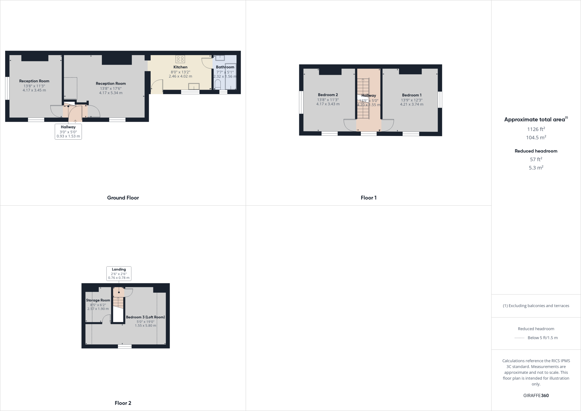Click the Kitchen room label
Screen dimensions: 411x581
click(x=180, y=67)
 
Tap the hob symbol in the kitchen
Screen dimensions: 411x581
click(x=180, y=59)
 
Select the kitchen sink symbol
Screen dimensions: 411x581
click(x=194, y=86)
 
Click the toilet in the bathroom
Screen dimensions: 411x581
click(x=218, y=84)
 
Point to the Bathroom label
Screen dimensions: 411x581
click(x=225, y=67)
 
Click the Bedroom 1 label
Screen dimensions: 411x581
click(x=412, y=95)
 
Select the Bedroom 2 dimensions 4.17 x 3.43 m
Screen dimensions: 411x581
click(x=328, y=104)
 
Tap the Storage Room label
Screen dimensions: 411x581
click(x=98, y=300)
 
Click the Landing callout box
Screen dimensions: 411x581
click(x=119, y=274)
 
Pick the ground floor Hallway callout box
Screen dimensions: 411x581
click(x=68, y=132)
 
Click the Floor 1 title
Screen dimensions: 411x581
click(x=369, y=198)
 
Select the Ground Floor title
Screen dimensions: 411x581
click(x=123, y=198)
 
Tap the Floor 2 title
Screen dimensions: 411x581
click(x=123, y=403)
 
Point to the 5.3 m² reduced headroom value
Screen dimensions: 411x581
click(x=536, y=168)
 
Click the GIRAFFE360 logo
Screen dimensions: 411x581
click(x=536, y=395)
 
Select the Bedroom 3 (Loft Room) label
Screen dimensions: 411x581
click(x=145, y=317)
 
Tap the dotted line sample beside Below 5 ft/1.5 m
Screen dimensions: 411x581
click(x=519, y=338)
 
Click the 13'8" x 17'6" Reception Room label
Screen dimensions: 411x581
click(x=111, y=83)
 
